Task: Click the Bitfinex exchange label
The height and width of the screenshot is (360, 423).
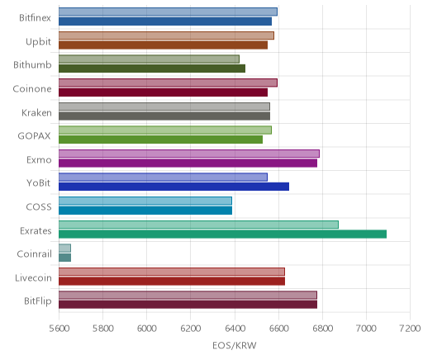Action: tap(35, 17)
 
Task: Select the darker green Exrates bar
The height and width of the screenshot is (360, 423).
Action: tap(222, 234)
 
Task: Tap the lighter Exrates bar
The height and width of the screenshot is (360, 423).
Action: tap(198, 225)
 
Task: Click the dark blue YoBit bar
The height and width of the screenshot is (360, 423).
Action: tap(173, 187)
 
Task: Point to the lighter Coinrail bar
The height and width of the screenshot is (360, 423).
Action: tap(64, 249)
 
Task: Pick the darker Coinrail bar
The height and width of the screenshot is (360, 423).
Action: tap(64, 258)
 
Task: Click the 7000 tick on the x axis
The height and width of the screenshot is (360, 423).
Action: tap(366, 329)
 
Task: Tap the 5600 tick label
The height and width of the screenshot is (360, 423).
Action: tap(59, 329)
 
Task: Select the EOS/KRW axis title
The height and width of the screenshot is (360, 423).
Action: tap(235, 345)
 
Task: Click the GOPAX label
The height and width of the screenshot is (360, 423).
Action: tap(34, 136)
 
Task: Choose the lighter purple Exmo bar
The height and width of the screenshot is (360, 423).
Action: tap(189, 154)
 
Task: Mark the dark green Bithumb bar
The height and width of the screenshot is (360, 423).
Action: tap(152, 69)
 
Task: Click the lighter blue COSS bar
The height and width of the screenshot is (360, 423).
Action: tap(145, 201)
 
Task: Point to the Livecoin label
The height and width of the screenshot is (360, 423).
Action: tap(33, 277)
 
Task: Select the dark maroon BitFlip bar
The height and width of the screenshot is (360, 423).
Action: tap(188, 305)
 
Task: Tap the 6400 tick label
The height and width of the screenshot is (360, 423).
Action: tap(235, 329)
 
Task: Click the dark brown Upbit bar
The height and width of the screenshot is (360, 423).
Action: tap(163, 45)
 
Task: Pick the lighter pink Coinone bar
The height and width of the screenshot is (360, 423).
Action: tap(168, 83)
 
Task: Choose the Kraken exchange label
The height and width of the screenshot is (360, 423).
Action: tap(36, 112)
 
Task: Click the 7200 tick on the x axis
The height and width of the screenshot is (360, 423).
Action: tap(410, 329)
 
